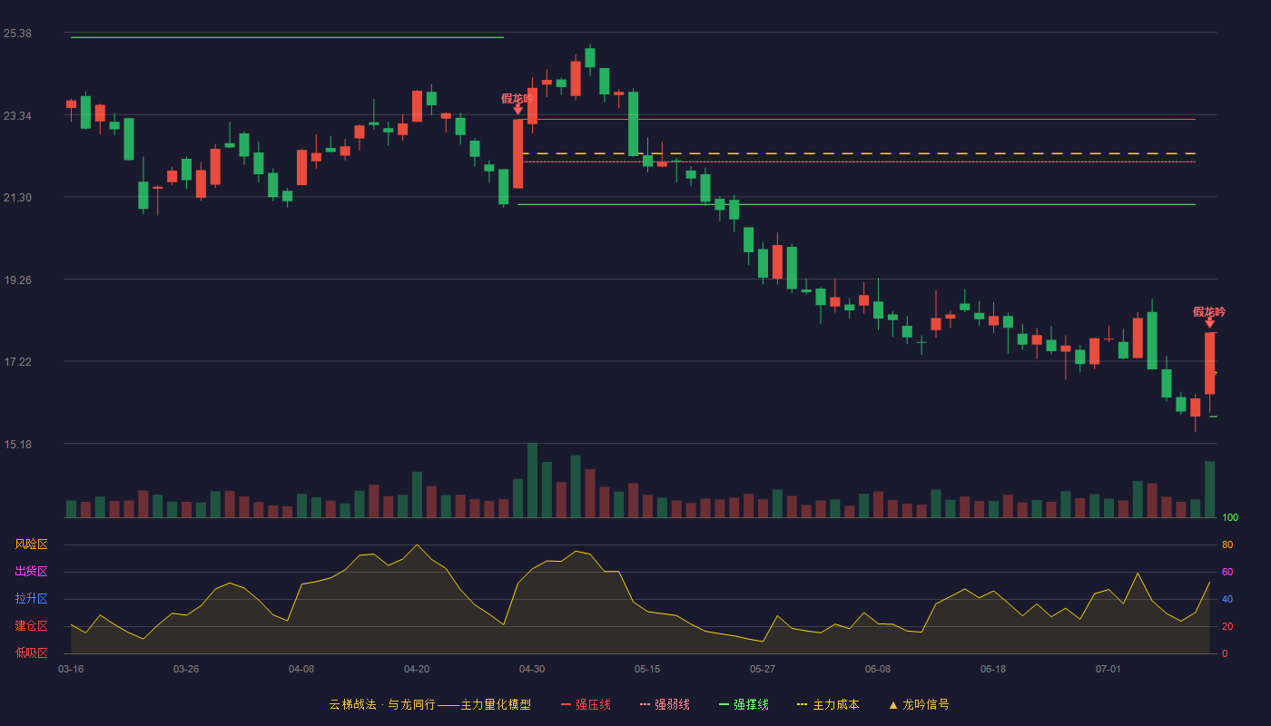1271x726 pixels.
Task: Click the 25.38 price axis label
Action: click(17, 34)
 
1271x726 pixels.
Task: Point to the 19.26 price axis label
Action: click(17, 280)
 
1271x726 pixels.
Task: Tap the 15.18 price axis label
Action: click(17, 444)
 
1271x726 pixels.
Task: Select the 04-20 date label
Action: click(417, 670)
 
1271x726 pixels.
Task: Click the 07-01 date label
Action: click(1108, 670)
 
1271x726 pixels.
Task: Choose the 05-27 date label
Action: click(762, 670)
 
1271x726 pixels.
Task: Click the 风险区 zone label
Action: click(31, 544)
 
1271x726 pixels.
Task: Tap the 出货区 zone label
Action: click(31, 571)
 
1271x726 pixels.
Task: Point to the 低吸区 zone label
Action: click(31, 652)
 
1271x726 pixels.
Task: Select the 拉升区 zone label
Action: click(31, 598)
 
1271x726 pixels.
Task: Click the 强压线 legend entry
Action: click(586, 704)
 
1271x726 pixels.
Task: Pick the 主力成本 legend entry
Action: click(828, 704)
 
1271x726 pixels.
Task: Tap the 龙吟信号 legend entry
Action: click(919, 704)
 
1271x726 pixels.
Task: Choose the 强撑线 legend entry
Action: click(744, 704)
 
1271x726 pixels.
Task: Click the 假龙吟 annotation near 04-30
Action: click(517, 99)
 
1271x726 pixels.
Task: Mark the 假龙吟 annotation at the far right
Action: click(1209, 312)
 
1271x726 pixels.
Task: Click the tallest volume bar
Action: click(532, 480)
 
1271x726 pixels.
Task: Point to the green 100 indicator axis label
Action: click(1230, 517)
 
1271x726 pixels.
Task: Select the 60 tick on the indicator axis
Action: click(1227, 572)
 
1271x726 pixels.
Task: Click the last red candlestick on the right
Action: click(1209, 363)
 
